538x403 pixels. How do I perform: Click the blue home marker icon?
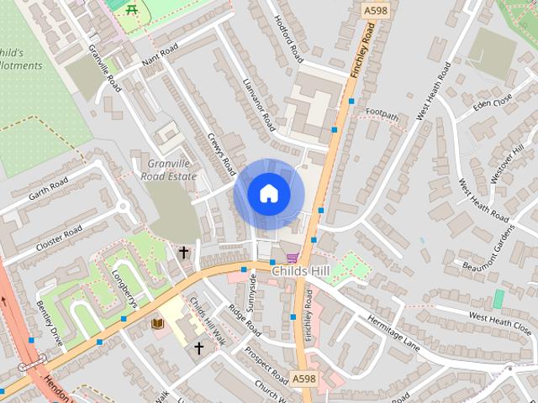pyautogui.click(x=268, y=193)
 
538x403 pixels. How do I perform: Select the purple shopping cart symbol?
pyautogui.click(x=292, y=258)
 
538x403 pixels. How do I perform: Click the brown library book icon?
pyautogui.click(x=157, y=323)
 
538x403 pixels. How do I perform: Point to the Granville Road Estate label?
pyautogui.click(x=171, y=170)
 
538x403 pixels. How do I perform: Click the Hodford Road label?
pyautogui.click(x=288, y=39)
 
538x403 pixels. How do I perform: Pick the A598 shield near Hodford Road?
pyautogui.click(x=375, y=10)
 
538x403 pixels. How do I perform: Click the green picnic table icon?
pyautogui.click(x=130, y=8)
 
